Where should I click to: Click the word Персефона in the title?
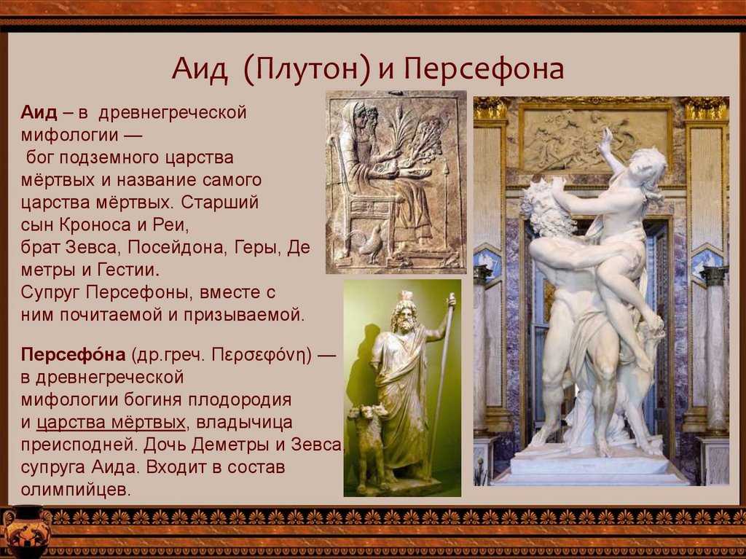click(484, 69)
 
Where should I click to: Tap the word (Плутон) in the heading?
click(307, 69)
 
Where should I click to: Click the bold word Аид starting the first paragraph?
click(39, 113)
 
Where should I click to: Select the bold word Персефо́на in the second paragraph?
click(74, 354)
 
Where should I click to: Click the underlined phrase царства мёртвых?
click(111, 423)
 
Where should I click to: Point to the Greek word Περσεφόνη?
click(262, 356)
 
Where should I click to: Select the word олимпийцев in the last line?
click(75, 490)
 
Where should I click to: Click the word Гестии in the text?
click(128, 270)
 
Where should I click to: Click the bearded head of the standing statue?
click(404, 316)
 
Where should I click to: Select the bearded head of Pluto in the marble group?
click(542, 205)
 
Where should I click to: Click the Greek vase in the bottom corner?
click(25, 533)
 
